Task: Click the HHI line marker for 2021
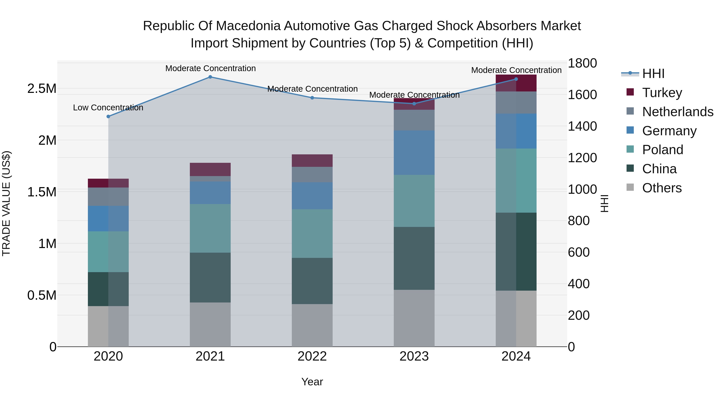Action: click(x=210, y=77)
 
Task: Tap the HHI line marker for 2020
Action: click(x=108, y=117)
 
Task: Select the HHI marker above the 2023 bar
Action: click(x=414, y=104)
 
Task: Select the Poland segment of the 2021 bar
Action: click(x=210, y=228)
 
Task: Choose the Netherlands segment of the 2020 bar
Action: click(x=108, y=197)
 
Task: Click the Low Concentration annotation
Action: click(x=108, y=108)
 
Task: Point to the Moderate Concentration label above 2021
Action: click(x=210, y=68)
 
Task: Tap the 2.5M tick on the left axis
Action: click(x=42, y=88)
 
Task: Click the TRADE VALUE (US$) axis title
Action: click(x=6, y=203)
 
